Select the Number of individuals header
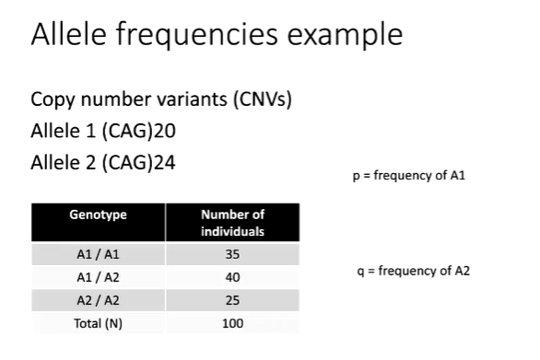232,223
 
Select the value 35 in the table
232,253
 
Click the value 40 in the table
232,276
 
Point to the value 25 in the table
232,300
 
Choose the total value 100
232,323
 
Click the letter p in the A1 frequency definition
356,176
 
